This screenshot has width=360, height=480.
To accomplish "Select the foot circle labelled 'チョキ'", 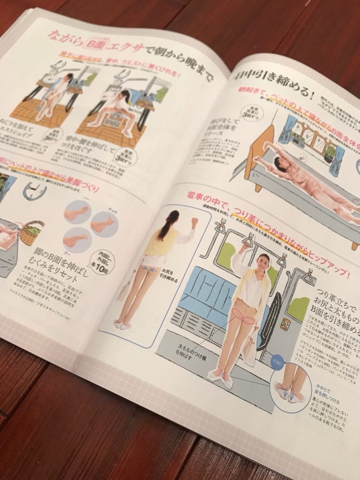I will tap(104, 225).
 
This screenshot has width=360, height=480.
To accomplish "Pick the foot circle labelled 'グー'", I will tap(76, 240).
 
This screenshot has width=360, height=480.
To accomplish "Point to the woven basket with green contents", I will tap(32, 232).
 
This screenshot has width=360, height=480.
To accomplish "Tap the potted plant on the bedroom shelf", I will tap(330, 155).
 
